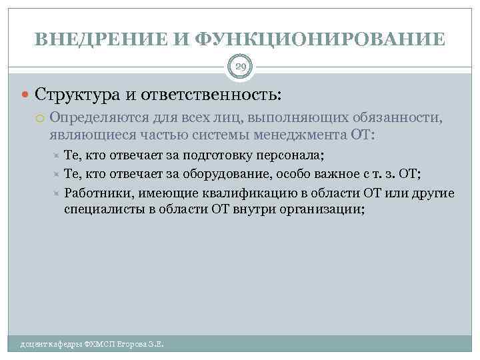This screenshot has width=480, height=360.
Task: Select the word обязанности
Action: pyautogui.click(x=403, y=119)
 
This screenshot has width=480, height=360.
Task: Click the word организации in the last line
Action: pyautogui.click(x=322, y=209)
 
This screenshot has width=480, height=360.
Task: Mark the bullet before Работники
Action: pyautogui.click(x=56, y=193)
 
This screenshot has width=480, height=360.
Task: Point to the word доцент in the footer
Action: pyautogui.click(x=34, y=345)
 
